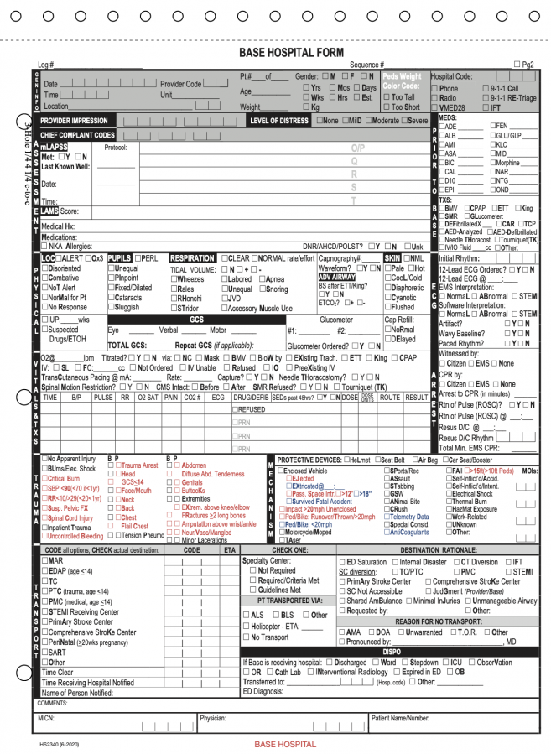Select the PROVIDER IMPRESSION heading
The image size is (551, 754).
click(74, 121)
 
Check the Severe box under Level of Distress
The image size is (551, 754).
click(404, 121)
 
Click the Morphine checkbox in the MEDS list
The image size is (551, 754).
click(493, 163)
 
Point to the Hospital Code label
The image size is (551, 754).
click(452, 76)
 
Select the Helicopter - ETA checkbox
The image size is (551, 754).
click(247, 626)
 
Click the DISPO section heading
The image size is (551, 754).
click(392, 651)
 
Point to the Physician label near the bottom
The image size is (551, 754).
click(213, 719)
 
